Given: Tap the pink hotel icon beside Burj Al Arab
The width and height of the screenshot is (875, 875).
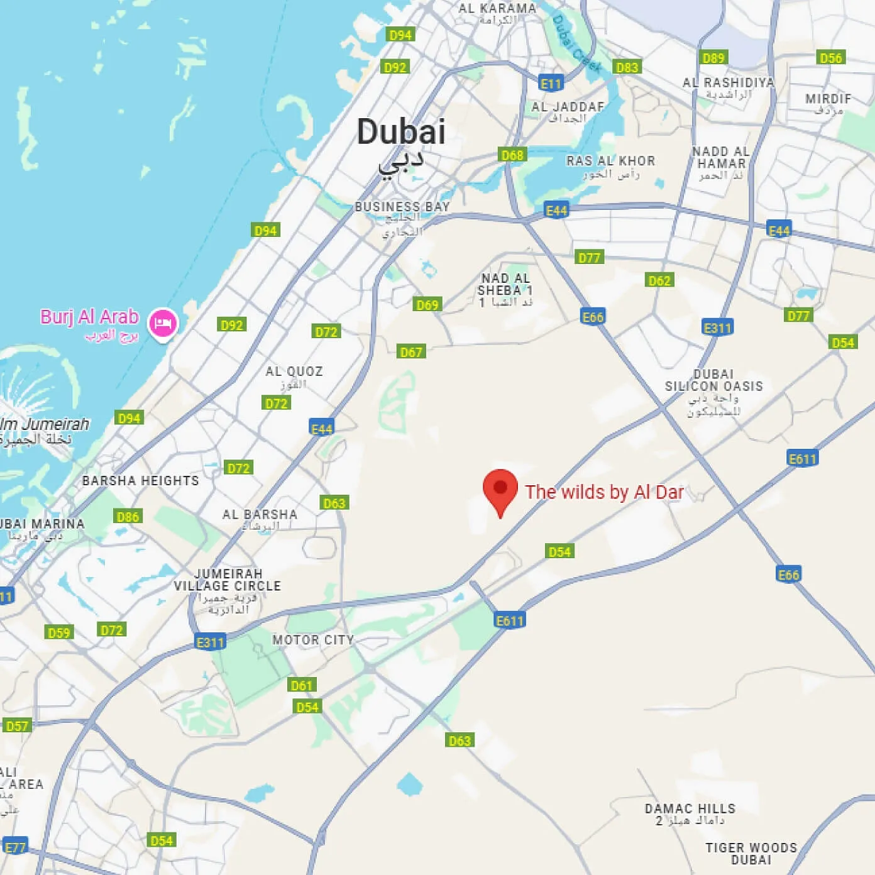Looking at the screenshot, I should point(163,323).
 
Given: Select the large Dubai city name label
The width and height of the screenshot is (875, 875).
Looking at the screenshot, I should point(401,132).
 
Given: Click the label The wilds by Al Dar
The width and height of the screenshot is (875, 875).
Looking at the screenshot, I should point(604,492).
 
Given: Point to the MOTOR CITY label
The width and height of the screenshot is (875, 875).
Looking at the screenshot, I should point(313,640).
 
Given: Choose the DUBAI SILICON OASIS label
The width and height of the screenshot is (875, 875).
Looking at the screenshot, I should point(713,380).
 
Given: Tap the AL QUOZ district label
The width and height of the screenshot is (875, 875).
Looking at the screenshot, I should point(294,371).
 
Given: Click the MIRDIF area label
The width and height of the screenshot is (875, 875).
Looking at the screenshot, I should point(828,99).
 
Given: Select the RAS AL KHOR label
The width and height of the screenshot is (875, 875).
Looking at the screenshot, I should point(610,161).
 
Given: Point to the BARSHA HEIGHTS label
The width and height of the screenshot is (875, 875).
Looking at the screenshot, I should point(140,481).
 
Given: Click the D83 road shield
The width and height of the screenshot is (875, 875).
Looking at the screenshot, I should point(627,67).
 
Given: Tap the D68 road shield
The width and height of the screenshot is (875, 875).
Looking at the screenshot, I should point(512,155).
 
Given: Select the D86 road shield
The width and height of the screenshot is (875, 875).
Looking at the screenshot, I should point(128,517).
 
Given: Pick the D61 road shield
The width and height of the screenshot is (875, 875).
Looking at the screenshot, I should point(302,685).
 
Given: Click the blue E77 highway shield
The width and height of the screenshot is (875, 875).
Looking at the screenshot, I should point(15,847).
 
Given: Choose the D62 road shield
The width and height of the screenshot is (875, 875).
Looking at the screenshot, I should point(659,280).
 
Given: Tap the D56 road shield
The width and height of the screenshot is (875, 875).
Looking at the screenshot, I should point(830,58).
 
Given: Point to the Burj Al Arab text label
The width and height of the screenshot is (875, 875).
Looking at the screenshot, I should point(89,316).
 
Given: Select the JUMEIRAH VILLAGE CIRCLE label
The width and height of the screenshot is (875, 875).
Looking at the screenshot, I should point(228,580).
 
